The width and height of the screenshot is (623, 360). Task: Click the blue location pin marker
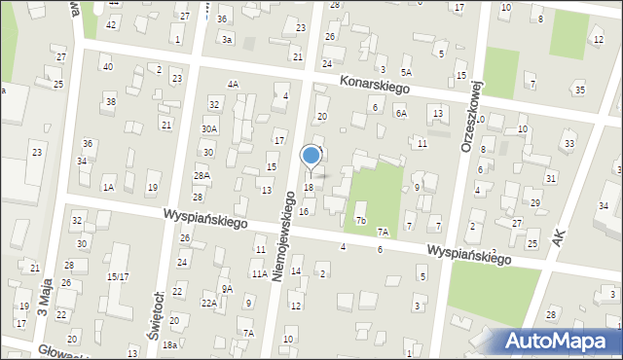click(311, 156)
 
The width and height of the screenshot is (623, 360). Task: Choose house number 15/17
click(118, 277)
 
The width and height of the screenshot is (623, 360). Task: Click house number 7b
click(360, 221)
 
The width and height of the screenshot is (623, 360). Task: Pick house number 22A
click(209, 304)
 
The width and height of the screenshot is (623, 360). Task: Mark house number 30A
click(209, 128)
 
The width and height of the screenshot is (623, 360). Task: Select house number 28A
click(202, 176)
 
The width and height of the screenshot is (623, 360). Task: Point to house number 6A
click(400, 113)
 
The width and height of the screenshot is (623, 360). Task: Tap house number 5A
click(406, 72)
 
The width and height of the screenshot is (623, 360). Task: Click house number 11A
click(259, 274)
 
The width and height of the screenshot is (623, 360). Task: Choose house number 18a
click(169, 345)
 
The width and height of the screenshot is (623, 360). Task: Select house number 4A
click(233, 85)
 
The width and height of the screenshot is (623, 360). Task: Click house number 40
click(107, 66)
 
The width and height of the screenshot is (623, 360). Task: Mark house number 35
click(580, 90)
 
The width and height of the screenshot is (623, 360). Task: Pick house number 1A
click(109, 187)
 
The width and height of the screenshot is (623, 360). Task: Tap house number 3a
click(227, 40)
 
